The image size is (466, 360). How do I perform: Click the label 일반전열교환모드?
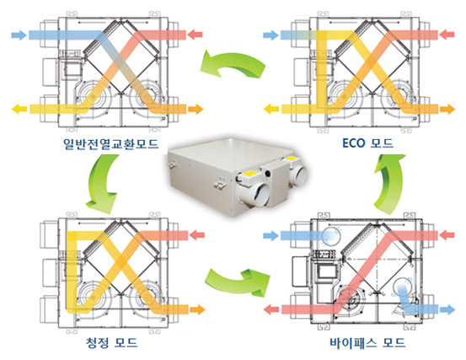coord(111,144)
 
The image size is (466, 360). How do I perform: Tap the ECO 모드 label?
coord(368,143)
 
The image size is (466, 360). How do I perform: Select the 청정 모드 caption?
coord(111,342)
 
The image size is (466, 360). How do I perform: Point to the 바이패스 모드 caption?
coord(367,342)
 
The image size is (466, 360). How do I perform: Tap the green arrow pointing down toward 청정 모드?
coord(103,185)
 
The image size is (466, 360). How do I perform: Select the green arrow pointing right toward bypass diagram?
coord(238,282)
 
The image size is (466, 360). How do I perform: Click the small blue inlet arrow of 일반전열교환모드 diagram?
coord(19,35)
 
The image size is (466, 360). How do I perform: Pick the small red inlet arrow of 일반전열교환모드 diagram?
coord(196,35)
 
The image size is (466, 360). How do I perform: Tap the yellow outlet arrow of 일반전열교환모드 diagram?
coord(19,109)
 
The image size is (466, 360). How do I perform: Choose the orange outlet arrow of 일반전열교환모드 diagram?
coord(196,109)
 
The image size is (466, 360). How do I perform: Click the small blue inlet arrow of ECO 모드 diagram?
coord(270,35)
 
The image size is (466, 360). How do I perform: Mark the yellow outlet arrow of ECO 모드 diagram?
coord(271,109)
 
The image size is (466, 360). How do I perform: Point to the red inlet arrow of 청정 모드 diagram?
coord(197,235)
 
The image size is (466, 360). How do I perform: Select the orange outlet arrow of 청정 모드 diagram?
coord(198,309)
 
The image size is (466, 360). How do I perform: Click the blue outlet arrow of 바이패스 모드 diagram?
coord(447,309)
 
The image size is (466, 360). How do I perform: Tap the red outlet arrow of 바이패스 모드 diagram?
coord(271,309)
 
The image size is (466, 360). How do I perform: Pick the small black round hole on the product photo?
coord(268,174)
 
